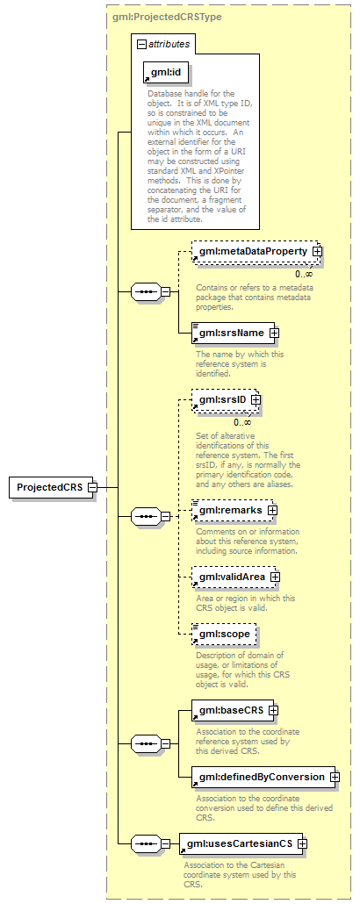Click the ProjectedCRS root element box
(x=51, y=487)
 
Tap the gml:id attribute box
(x=166, y=72)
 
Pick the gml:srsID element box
(x=225, y=398)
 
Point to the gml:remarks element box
(x=233, y=510)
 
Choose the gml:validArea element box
(x=234, y=576)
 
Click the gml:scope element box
(x=224, y=634)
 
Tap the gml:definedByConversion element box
(x=263, y=777)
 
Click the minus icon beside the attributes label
(x=141, y=44)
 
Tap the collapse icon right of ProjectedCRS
(x=91, y=487)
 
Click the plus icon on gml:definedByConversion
(x=335, y=777)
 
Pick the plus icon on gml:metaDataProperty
(x=316, y=251)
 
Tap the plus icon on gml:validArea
(x=275, y=577)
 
